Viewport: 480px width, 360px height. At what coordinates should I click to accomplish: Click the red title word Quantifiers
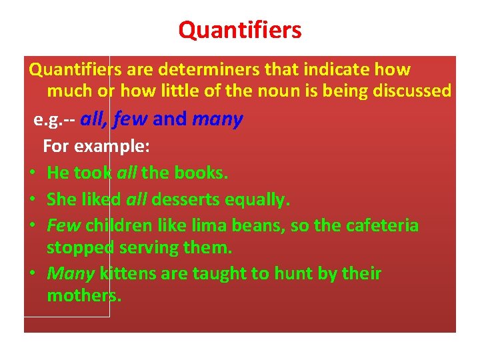(240, 30)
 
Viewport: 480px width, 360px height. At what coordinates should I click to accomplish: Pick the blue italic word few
(131, 119)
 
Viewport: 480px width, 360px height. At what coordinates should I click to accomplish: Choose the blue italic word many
(217, 119)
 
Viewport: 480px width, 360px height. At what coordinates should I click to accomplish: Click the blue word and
(170, 119)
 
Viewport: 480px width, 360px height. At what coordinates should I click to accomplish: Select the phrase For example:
(96, 146)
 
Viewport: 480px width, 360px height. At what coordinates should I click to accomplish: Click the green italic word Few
(63, 225)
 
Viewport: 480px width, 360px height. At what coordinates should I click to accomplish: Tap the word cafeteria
(382, 225)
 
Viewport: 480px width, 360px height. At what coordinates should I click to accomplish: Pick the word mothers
(84, 295)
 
